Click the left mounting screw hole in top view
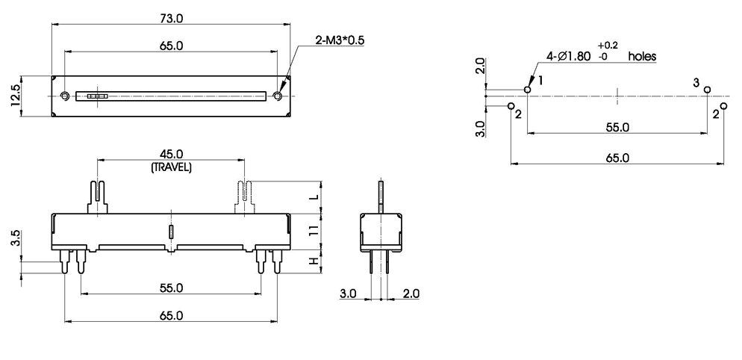click(x=65, y=96)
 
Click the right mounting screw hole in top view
click(x=278, y=96)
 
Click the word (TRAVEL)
click(x=171, y=167)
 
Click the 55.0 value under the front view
click(x=171, y=287)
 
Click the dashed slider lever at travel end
click(x=244, y=198)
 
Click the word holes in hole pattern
click(x=642, y=57)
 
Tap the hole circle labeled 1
click(x=528, y=90)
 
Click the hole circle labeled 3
click(x=707, y=90)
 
